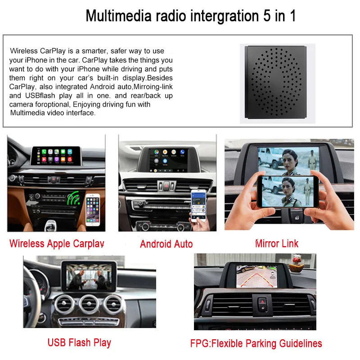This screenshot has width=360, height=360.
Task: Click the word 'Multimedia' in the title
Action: click(118, 16)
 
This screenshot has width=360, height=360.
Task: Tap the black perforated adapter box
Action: click(276, 82)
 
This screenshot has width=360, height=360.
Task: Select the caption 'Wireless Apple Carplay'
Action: click(57, 243)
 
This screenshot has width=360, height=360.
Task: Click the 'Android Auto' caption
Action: click(166, 244)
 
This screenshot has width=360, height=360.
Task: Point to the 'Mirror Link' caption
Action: click(277, 243)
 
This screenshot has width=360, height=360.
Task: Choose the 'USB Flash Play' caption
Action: click(79, 342)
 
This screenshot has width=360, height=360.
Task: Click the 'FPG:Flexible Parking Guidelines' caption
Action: click(256, 343)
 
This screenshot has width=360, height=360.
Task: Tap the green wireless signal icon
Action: click(73, 198)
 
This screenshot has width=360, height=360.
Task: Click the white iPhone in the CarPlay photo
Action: click(93, 210)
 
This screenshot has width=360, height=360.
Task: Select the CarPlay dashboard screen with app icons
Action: click(56, 155)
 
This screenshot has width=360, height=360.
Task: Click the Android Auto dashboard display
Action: click(168, 160)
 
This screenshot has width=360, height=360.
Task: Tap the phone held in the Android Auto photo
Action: click(198, 205)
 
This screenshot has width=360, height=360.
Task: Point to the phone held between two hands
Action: click(288, 192)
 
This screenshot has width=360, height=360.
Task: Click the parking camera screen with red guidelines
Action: click(256, 276)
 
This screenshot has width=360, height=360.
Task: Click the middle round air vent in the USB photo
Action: click(89, 304)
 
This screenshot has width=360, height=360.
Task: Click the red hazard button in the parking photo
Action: click(262, 301)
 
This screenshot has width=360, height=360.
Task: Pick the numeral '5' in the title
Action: click(267, 16)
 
